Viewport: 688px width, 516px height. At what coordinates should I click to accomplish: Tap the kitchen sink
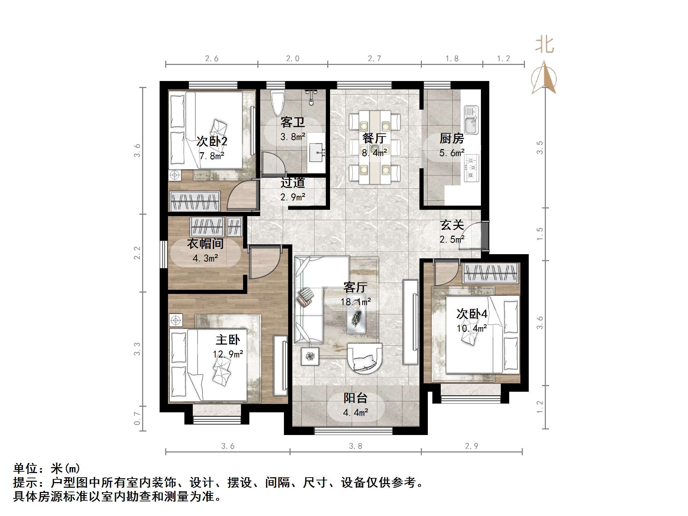click(x=471, y=120)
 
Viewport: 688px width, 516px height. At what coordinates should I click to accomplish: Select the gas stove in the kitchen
click(x=471, y=168)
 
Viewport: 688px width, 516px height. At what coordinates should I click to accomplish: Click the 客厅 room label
click(x=355, y=287)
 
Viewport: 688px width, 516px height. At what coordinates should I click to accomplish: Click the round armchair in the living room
click(x=364, y=358)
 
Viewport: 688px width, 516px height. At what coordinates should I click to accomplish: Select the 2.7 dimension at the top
click(x=374, y=58)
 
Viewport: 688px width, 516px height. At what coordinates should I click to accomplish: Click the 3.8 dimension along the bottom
click(x=355, y=446)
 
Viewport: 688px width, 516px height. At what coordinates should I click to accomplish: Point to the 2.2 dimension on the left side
click(x=137, y=252)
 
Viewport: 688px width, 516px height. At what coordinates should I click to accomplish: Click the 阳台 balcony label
click(x=355, y=398)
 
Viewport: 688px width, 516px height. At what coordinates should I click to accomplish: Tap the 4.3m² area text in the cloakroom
click(x=205, y=258)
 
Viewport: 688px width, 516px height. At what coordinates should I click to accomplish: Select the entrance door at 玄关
click(x=475, y=236)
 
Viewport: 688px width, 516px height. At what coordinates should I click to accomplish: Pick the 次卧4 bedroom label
click(x=471, y=314)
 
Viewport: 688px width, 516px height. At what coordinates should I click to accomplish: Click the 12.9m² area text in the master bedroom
click(x=228, y=354)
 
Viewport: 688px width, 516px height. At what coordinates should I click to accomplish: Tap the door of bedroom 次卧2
click(x=241, y=197)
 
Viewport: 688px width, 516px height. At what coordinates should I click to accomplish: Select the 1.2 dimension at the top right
click(x=503, y=58)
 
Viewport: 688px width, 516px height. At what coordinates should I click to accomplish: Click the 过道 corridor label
click(x=293, y=183)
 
